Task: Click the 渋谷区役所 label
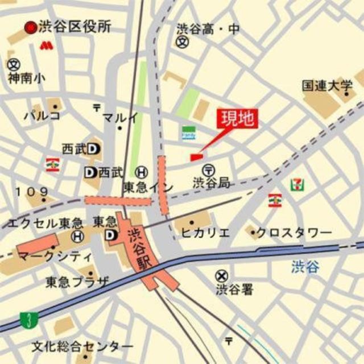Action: coord(75,27)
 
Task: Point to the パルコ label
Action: coord(42,116)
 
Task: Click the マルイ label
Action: coord(120,118)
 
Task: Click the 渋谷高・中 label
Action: coord(208,28)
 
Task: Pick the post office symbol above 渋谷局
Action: coord(208,169)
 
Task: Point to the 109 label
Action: coord(32,192)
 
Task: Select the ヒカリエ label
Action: coord(205,232)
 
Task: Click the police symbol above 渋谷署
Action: coord(221,276)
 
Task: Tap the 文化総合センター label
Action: coord(82,346)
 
